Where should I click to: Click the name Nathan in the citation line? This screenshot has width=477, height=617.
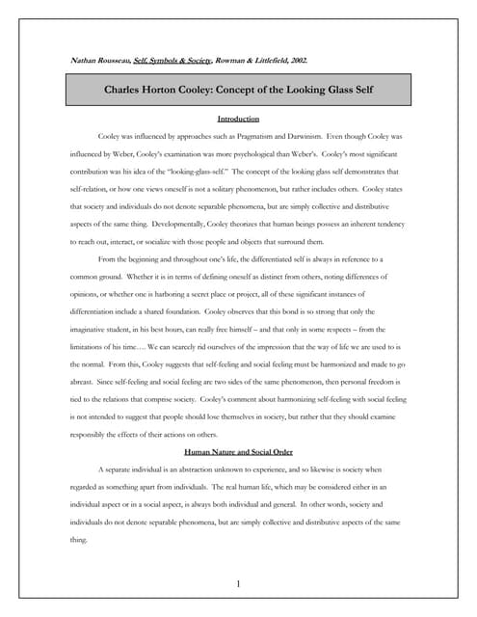tap(86, 61)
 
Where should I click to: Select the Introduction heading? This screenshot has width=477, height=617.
tap(238, 120)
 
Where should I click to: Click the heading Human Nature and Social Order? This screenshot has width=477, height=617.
tap(238, 451)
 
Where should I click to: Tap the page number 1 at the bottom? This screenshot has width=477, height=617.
tap(238, 584)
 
